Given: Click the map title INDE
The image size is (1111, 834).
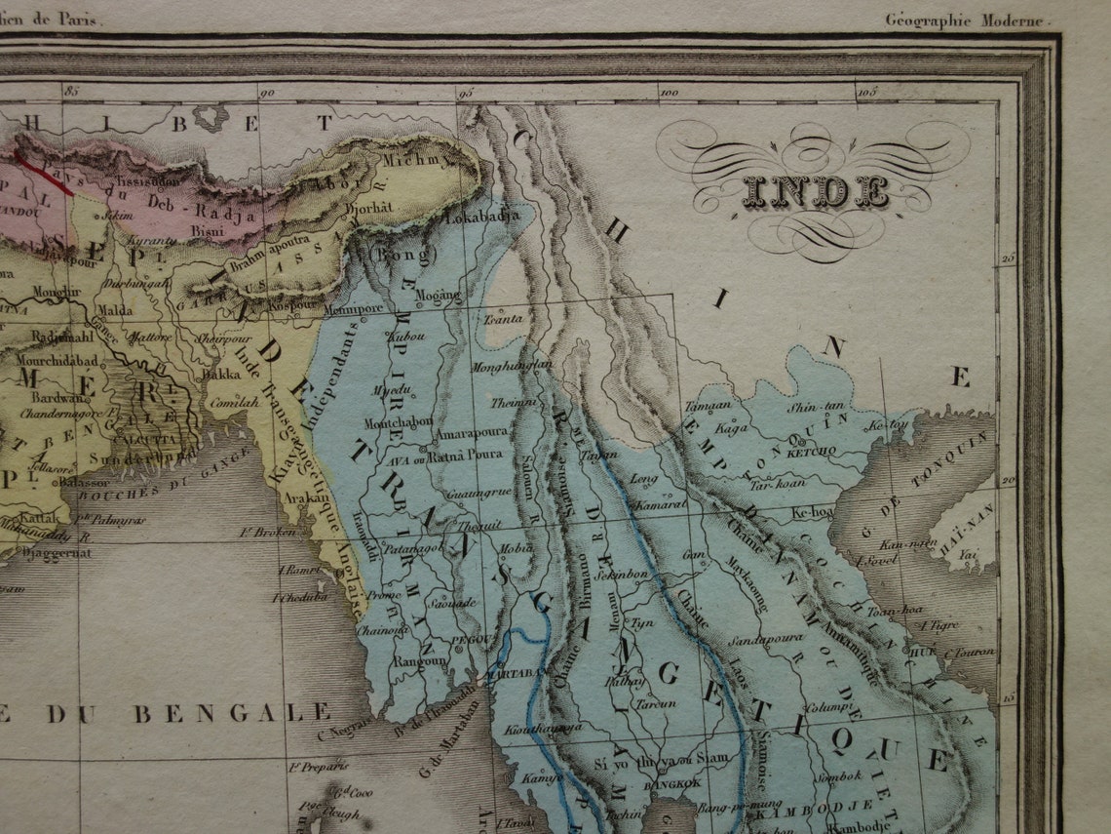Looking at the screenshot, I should tap(815, 192).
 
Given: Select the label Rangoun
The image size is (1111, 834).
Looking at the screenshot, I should tap(420, 660).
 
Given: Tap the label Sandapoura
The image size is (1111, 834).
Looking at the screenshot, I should tap(765, 640).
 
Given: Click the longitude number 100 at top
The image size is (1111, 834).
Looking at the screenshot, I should tap(669, 94).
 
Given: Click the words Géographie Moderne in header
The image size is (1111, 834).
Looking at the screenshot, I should tap(964, 20).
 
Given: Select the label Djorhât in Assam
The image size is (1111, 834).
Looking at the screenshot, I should tap(401, 208).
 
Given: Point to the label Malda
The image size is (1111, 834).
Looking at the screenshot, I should tap(116, 310).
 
